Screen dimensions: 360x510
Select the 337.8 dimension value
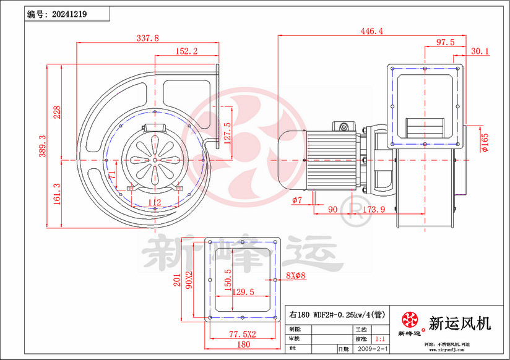tap(147, 38)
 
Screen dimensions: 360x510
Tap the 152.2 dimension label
tap(186, 52)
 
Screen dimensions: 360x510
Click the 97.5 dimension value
tap(445, 42)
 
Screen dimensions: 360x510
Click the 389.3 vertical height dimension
tap(43, 147)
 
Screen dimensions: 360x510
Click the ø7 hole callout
tap(296, 200)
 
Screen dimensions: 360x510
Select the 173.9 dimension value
tap(373, 210)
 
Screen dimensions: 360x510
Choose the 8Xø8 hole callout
tap(296, 275)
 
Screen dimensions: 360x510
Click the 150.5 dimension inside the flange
tap(228, 280)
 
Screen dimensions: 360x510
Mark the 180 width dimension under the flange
tap(243, 344)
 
